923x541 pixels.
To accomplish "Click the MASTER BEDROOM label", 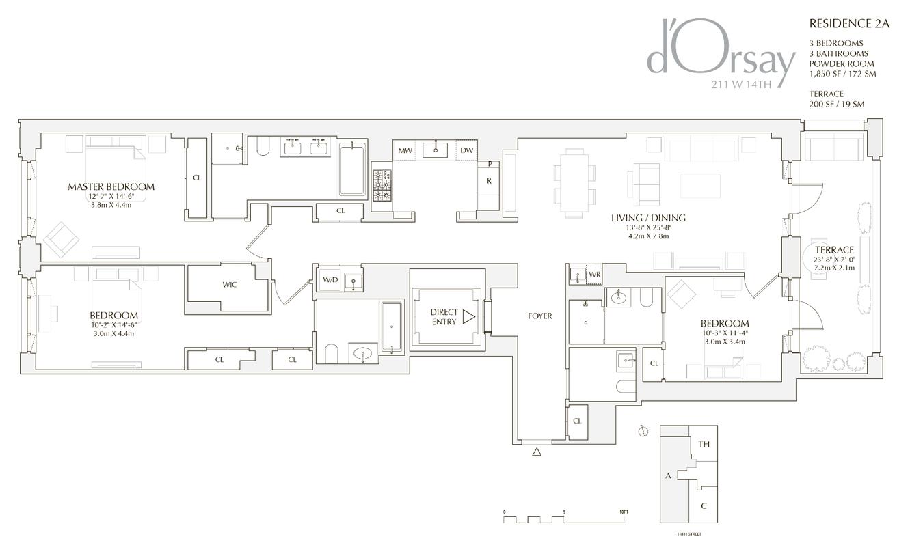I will tap(111, 186).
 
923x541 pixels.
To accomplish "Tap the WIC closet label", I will tap(229, 284).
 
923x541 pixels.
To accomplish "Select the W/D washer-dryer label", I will tap(330, 279).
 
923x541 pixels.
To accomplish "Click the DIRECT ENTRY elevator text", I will tap(444, 317).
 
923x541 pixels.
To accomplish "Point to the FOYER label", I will tap(539, 316).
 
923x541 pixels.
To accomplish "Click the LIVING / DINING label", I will tap(648, 218).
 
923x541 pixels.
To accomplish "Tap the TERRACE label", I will tap(833, 250).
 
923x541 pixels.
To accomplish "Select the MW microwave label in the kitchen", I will tap(405, 150).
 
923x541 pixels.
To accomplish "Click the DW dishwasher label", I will tap(466, 150).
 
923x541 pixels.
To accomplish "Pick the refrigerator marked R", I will tap(489, 181).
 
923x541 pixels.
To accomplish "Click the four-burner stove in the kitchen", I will tap(382, 185).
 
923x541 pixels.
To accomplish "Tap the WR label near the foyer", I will tap(595, 275).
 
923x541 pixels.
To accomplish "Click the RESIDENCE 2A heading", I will tap(849, 23).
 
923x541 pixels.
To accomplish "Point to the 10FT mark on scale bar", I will tap(623, 512).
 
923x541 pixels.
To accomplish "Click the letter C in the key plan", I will tap(704, 506).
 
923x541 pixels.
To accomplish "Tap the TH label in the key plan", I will tap(704, 445).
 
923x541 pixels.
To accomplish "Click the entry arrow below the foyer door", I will tap(537, 452).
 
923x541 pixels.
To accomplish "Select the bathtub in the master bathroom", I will tap(353, 169).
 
